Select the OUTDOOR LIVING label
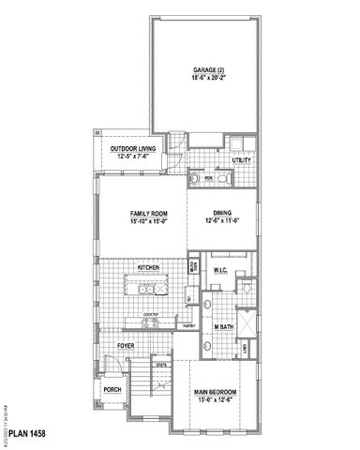pyautogui.click(x=133, y=149)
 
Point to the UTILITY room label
pyautogui.click(x=241, y=161)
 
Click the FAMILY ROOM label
pyautogui.click(x=149, y=215)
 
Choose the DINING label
pyautogui.click(x=222, y=213)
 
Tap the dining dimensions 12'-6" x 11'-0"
pyautogui.click(x=222, y=221)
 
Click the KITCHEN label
pyautogui.click(x=148, y=268)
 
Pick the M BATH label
pyautogui.click(x=223, y=325)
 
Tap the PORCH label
pyautogui.click(x=112, y=390)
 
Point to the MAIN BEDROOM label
pyautogui.click(x=215, y=392)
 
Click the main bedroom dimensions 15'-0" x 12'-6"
pyautogui.click(x=215, y=400)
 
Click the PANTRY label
pyautogui.click(x=188, y=325)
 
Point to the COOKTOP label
pyautogui.click(x=149, y=315)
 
